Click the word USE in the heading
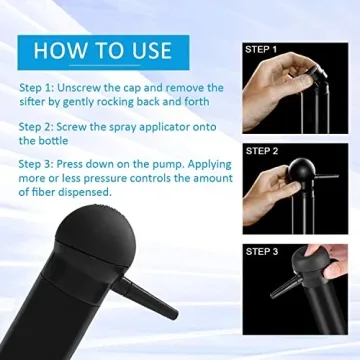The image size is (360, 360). pyautogui.click(x=148, y=49)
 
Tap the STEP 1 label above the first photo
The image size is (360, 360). pyautogui.click(x=261, y=48)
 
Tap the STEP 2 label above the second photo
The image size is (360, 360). pyautogui.click(x=261, y=151)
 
